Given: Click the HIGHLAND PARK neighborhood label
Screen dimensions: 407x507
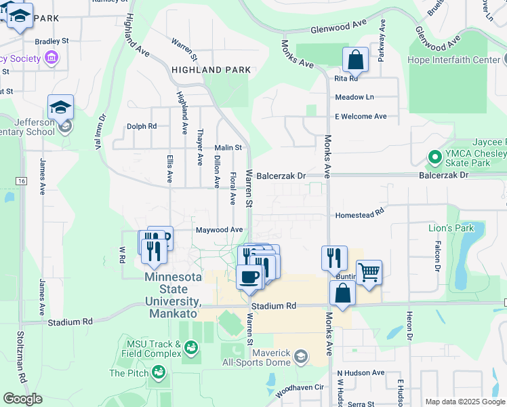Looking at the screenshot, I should (211, 70).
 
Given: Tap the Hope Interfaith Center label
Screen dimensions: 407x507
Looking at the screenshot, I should (453, 59).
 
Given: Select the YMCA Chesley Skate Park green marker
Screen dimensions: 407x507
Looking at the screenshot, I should (434, 158).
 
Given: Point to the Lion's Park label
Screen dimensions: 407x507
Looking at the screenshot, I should (451, 228).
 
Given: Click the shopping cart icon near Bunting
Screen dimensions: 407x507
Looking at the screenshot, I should (369, 273).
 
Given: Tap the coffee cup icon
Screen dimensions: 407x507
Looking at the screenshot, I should (249, 277).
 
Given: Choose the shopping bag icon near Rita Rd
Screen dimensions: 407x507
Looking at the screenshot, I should (355, 60).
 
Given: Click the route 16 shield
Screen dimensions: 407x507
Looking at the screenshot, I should (22, 181).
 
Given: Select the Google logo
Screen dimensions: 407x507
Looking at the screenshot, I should (22, 399).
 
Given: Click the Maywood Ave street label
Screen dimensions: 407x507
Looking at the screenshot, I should (219, 230).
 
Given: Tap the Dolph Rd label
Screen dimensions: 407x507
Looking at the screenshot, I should (142, 126).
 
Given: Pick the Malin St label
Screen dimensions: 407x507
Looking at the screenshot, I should (228, 147).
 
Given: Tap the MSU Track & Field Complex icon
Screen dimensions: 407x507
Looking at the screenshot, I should (191, 348).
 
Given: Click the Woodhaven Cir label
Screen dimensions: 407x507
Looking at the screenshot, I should (301, 388).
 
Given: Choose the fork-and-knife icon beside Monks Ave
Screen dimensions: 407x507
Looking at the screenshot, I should (334, 258).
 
